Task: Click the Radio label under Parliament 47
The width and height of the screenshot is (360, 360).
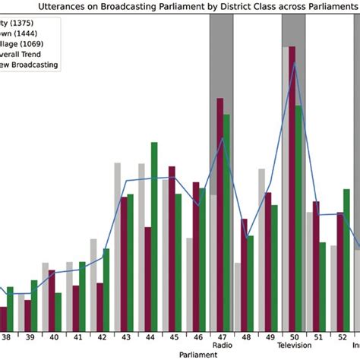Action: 222,346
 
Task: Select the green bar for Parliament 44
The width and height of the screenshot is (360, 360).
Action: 154,235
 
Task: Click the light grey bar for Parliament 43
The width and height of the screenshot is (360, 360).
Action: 118,246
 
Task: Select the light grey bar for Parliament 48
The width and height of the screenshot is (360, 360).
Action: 238,295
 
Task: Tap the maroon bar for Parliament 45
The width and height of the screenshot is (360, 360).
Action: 172,248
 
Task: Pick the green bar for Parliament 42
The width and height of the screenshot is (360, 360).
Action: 106,289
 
